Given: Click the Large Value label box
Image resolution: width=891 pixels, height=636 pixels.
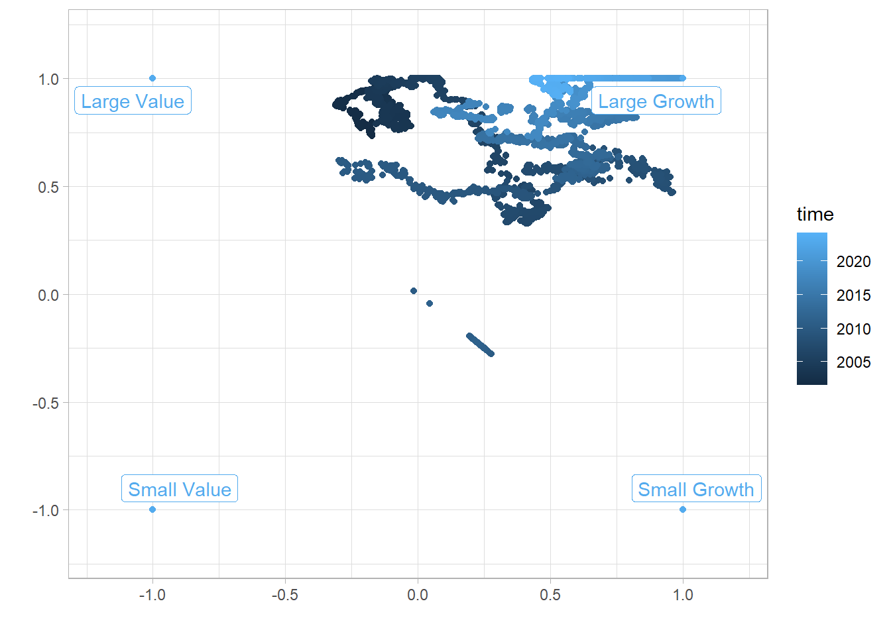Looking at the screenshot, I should pyautogui.click(x=133, y=101).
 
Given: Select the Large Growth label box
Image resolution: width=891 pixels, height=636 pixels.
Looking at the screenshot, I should pyautogui.click(x=656, y=101).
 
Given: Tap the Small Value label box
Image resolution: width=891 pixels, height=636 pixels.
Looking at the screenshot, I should pyautogui.click(x=180, y=489).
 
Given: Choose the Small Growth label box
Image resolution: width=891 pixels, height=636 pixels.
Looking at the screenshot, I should pyautogui.click(x=696, y=489).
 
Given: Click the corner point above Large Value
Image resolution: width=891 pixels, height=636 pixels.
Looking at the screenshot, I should pyautogui.click(x=152, y=78).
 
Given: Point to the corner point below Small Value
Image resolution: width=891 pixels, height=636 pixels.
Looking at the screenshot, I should pyautogui.click(x=152, y=509).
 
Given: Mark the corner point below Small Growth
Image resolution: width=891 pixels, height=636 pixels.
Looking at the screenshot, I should pyautogui.click(x=683, y=509).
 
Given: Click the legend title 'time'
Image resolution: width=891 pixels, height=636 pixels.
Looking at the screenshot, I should pyautogui.click(x=815, y=214).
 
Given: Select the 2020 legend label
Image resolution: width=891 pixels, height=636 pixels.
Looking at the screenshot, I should pyautogui.click(x=853, y=262).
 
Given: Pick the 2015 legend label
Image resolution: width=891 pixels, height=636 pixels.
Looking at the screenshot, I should pyautogui.click(x=853, y=295).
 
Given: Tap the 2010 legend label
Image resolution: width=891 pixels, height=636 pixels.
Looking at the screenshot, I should pyautogui.click(x=853, y=329).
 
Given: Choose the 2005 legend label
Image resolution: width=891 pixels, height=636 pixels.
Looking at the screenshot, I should pyautogui.click(x=853, y=362).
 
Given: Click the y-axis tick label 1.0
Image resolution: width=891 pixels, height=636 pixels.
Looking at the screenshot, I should pyautogui.click(x=48, y=79).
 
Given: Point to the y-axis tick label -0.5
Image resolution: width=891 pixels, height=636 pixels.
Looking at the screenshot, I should pyautogui.click(x=46, y=403).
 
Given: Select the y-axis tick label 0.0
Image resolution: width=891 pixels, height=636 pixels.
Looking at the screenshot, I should pyautogui.click(x=48, y=295).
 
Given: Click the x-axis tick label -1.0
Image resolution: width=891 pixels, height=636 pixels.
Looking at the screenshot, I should pyautogui.click(x=152, y=595).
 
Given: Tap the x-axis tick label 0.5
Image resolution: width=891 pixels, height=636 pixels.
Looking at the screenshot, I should pyautogui.click(x=550, y=595).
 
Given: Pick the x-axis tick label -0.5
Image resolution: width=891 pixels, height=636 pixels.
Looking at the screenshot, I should pyautogui.click(x=284, y=595).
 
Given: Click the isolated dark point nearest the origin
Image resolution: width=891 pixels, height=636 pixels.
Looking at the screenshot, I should pyautogui.click(x=414, y=291).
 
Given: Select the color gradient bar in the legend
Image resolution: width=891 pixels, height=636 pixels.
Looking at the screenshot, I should pyautogui.click(x=812, y=309).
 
